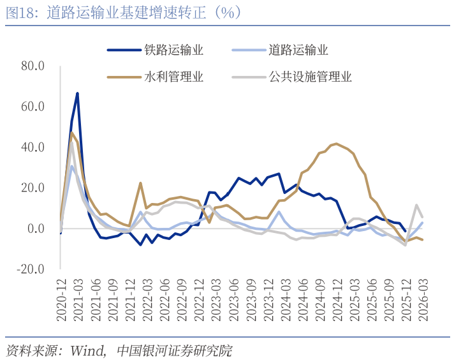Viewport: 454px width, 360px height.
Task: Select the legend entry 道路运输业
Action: tap(298, 50)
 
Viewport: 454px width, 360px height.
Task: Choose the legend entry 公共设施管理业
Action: tap(310, 77)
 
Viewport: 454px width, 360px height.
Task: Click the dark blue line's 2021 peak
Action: tap(77, 93)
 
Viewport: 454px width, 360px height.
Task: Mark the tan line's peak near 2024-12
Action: tap(336, 144)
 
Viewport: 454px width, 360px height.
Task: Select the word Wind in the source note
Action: tap(87, 350)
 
